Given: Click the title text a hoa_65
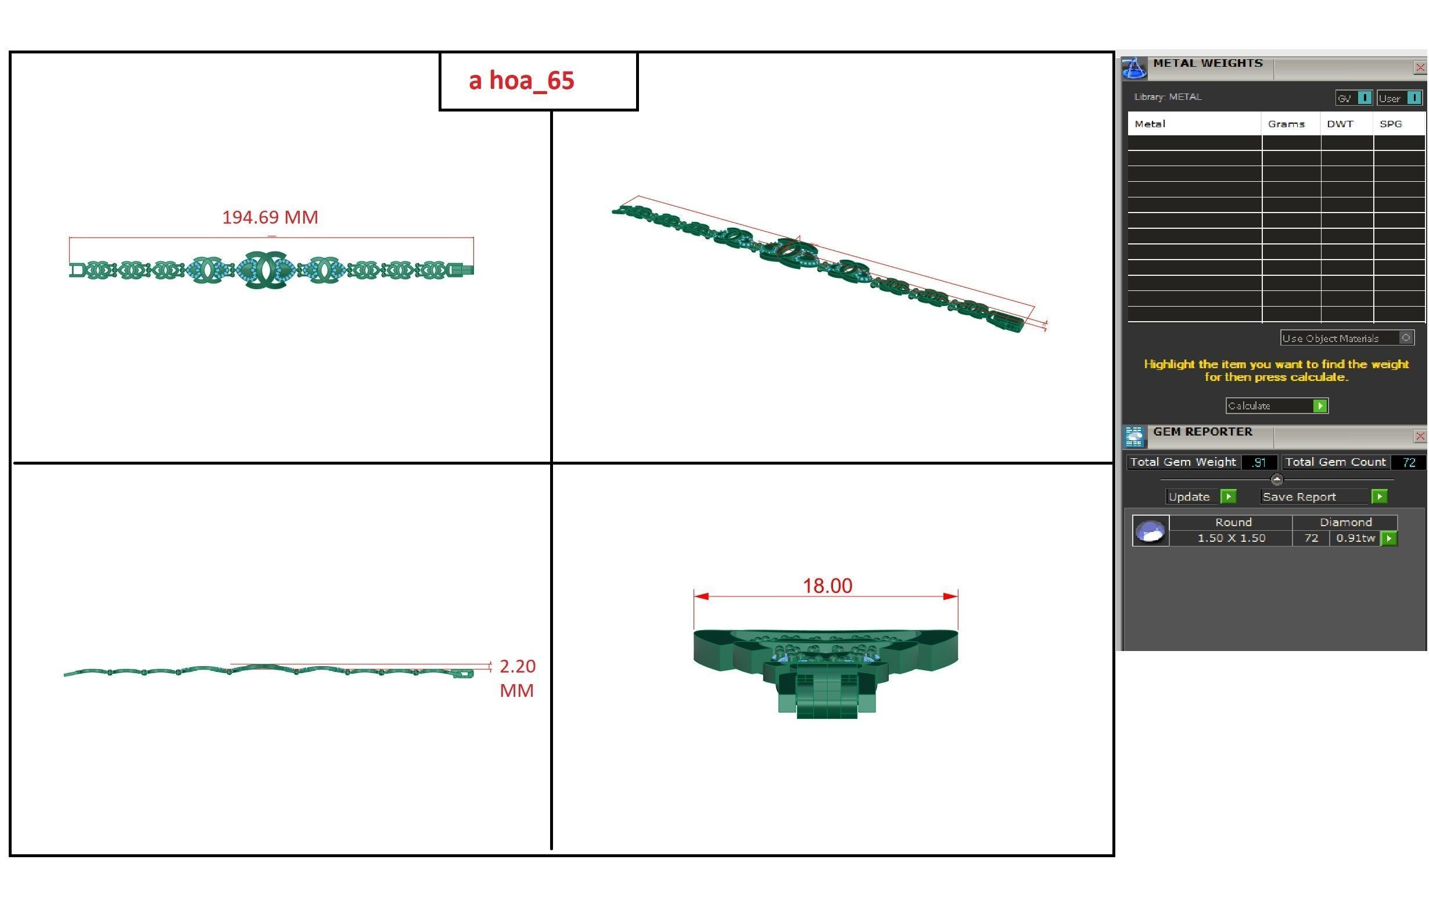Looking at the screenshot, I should click(521, 81).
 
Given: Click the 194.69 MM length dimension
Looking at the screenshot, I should click(270, 217).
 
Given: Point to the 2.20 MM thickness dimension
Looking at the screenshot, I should click(517, 678).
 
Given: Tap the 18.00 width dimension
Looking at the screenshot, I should click(827, 585).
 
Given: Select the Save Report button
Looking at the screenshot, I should click(1323, 497).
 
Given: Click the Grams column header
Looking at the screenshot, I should click(1286, 124).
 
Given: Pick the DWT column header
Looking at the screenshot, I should click(1340, 124).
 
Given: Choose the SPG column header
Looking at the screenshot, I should click(1391, 124).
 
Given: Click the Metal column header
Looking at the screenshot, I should click(1150, 124).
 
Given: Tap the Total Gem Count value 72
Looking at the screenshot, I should click(1409, 462).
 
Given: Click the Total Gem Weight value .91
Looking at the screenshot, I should click(1258, 462).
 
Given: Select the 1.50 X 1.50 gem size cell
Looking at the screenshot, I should click(1231, 538).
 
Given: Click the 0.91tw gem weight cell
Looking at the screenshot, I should click(1355, 538).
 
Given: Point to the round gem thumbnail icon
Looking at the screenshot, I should click(1151, 530).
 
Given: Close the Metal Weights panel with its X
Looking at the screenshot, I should click(1419, 67).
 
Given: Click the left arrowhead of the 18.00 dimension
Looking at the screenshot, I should click(701, 596).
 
